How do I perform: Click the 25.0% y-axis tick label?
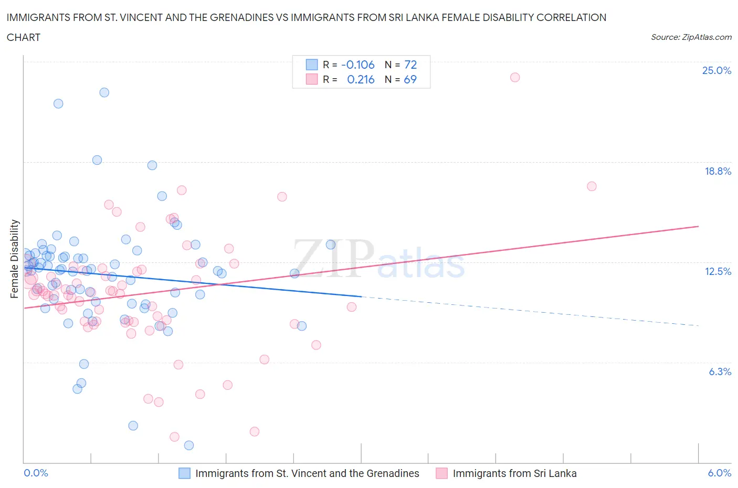716,70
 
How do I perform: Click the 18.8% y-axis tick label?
718,171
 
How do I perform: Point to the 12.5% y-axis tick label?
718,271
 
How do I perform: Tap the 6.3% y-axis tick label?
720,372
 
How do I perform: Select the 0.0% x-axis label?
36,473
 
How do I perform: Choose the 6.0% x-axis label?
719,473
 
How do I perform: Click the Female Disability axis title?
14,259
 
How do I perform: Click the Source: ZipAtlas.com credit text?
691,37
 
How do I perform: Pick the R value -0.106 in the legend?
357,65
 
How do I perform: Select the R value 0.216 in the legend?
361,79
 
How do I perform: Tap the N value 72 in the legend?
410,65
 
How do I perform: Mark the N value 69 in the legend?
410,79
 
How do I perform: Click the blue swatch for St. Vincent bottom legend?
184,473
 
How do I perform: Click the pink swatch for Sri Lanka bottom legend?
441,473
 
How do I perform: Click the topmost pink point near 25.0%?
515,77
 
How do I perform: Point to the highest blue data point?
104,92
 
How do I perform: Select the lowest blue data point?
189,445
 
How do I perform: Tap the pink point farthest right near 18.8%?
592,186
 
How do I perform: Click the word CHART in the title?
24,37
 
